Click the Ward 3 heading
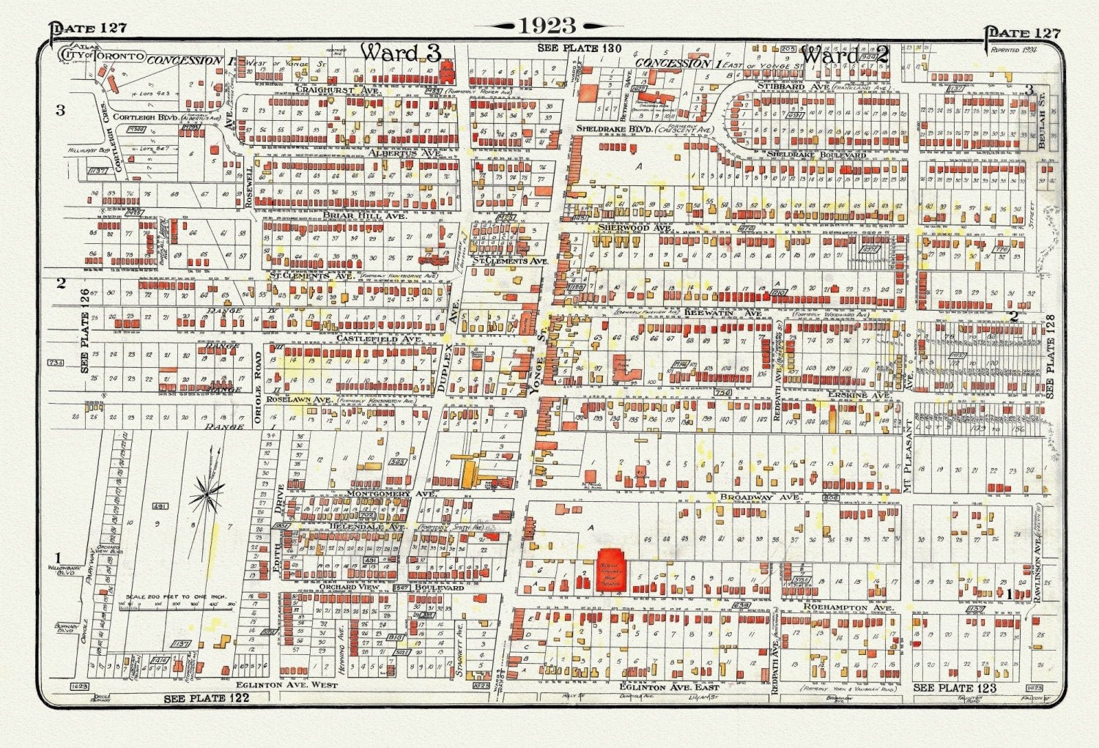click(x=400, y=53)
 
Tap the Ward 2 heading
click(x=844, y=55)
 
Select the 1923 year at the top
click(x=549, y=26)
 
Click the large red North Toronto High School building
click(x=611, y=569)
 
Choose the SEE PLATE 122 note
click(x=206, y=698)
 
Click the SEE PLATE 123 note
click(x=955, y=688)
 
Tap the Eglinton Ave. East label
click(x=669, y=687)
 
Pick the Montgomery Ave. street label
click(x=392, y=494)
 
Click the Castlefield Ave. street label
click(x=379, y=339)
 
